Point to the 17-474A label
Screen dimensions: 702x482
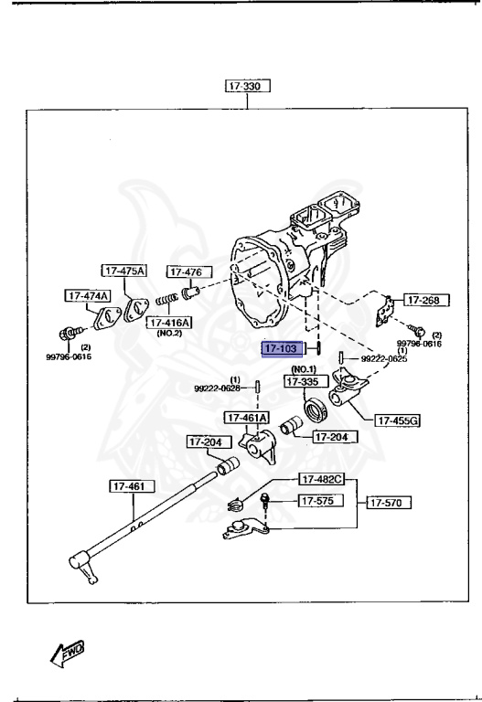[x=87, y=295]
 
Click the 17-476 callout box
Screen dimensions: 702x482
[x=188, y=271]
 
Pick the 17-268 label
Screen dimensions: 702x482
[x=423, y=299]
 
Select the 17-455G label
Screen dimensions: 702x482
[x=397, y=420]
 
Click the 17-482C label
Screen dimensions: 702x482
[x=318, y=479]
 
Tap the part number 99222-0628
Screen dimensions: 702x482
[x=217, y=388]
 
